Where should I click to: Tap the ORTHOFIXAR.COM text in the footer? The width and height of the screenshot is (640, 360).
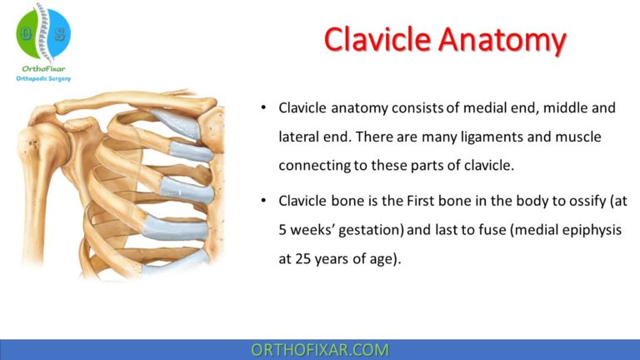coord(320,349)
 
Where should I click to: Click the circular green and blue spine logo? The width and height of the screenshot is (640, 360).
coord(43,32)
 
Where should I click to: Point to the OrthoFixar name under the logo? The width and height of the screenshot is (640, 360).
coord(43,68)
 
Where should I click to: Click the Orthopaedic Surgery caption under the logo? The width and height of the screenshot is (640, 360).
coord(43,79)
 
